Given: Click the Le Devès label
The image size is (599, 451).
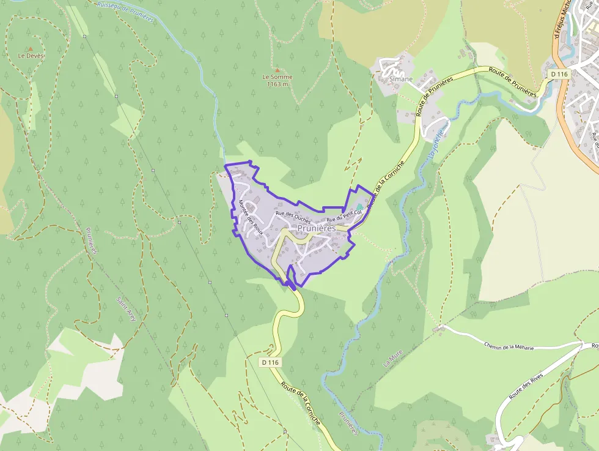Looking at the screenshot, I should pyautogui.click(x=32, y=56).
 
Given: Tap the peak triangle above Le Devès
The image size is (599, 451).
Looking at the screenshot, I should pyautogui.click(x=30, y=48).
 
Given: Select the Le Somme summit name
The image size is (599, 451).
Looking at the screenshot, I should pyautogui.click(x=277, y=77).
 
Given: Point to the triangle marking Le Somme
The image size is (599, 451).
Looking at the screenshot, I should pyautogui.click(x=277, y=70).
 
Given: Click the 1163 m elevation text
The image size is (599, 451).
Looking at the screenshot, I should pyautogui.click(x=277, y=84).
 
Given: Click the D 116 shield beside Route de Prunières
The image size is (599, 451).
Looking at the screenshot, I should pyautogui.click(x=559, y=74).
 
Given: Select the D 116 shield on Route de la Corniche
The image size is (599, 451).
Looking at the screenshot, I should pyautogui.click(x=270, y=362).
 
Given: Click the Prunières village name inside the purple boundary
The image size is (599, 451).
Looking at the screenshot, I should pyautogui.click(x=317, y=228).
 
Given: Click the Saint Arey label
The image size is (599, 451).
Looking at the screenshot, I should pyautogui.click(x=126, y=309).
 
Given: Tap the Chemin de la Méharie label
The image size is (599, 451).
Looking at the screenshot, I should pyautogui.click(x=509, y=346).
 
